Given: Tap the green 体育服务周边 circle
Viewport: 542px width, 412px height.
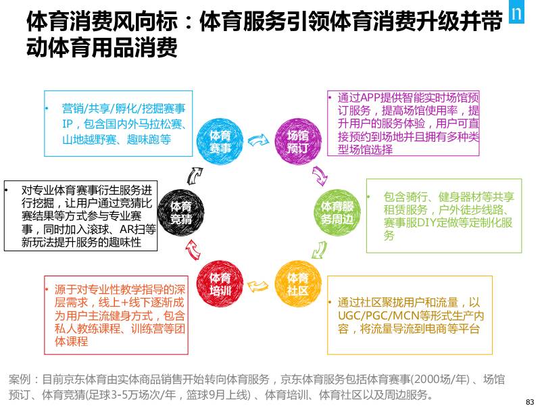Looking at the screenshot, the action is point(337,212).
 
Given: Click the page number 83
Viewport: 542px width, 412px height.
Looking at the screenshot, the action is point(529,401).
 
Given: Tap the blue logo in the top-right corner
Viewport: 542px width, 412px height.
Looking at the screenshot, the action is point(522,14).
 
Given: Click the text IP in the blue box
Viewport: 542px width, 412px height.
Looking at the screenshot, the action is point(67,124).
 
